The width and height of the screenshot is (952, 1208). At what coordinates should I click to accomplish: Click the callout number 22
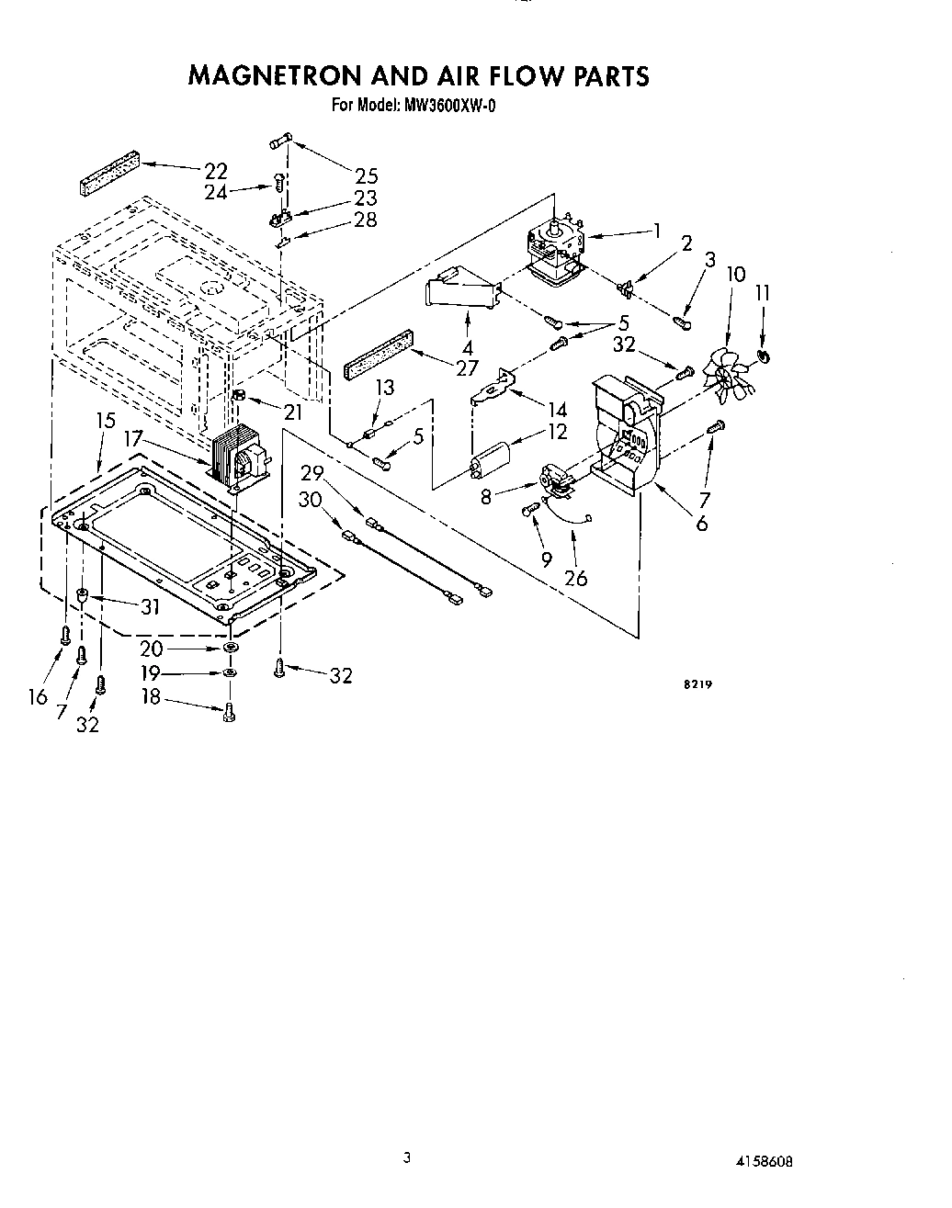215,171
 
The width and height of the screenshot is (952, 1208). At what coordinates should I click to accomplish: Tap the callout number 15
106,421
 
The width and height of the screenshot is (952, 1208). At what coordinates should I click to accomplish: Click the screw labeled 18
229,711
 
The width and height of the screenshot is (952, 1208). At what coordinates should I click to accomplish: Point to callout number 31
149,606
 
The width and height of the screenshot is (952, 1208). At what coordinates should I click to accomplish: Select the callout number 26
575,578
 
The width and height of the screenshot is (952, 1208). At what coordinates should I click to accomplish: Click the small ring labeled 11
764,356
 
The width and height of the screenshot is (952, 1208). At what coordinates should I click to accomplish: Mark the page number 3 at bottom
405,1157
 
